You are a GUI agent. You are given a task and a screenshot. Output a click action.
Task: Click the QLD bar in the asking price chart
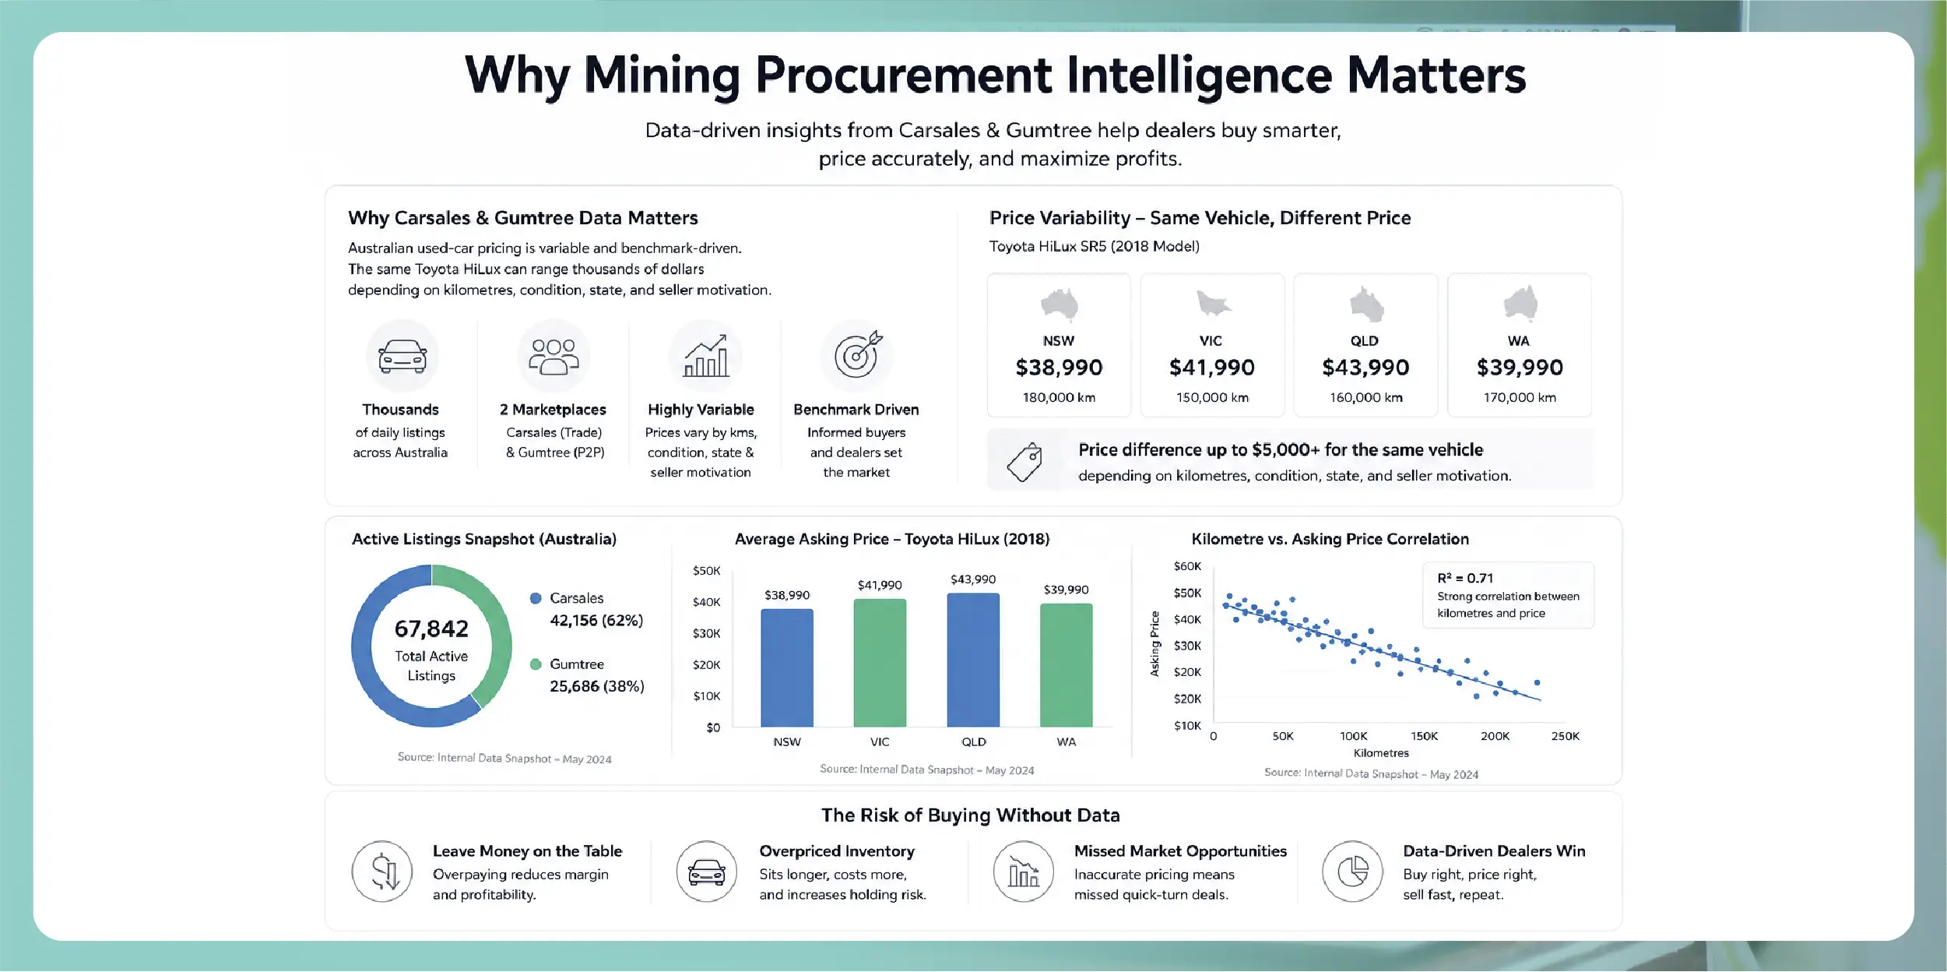[973, 660]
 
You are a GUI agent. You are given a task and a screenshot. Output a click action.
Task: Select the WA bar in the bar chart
[1066, 665]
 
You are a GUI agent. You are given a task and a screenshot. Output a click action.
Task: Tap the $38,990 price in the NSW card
[1059, 368]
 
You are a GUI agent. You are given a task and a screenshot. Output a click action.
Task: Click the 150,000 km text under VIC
[1212, 397]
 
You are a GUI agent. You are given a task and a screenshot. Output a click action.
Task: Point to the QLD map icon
[1365, 305]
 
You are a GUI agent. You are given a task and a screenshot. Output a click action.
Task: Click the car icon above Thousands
[402, 356]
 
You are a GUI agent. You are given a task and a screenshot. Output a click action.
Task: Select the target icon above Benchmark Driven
[857, 355]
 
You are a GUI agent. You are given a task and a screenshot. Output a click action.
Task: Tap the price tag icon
[1024, 462]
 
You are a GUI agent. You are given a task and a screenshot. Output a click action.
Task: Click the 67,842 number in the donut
[431, 629]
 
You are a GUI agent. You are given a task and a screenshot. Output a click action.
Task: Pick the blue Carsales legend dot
[536, 598]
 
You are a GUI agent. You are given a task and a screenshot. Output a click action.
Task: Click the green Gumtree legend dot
[536, 664]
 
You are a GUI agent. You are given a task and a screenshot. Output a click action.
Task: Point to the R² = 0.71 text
[1465, 578]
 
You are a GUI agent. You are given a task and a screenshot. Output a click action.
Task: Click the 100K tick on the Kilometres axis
[1353, 736]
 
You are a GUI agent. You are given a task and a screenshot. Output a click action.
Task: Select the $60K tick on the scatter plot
[1187, 566]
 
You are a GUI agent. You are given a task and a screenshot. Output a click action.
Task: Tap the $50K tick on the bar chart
[707, 571]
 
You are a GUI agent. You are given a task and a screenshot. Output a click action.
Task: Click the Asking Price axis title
[1154, 643]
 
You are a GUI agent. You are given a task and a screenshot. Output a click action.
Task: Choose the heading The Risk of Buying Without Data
[971, 815]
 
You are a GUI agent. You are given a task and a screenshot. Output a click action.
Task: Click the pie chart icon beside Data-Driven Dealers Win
[1353, 872]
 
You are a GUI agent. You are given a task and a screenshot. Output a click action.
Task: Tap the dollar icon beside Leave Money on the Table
[382, 872]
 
